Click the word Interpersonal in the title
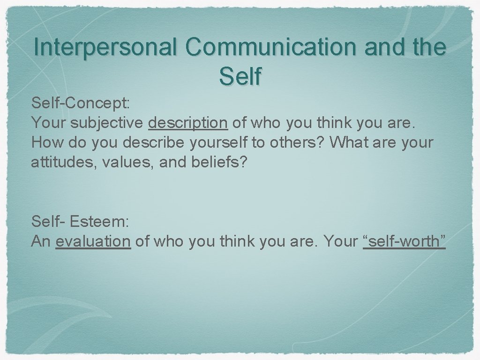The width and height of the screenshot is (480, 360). tap(106, 47)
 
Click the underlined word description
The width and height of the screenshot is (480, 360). tap(188, 123)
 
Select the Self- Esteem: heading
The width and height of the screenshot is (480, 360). tap(80, 221)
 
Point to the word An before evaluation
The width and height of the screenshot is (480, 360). tap(41, 241)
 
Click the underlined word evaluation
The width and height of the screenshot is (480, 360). tap(93, 241)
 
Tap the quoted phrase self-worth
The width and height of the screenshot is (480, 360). tap(404, 241)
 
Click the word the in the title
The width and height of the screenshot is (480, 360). tap(427, 47)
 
